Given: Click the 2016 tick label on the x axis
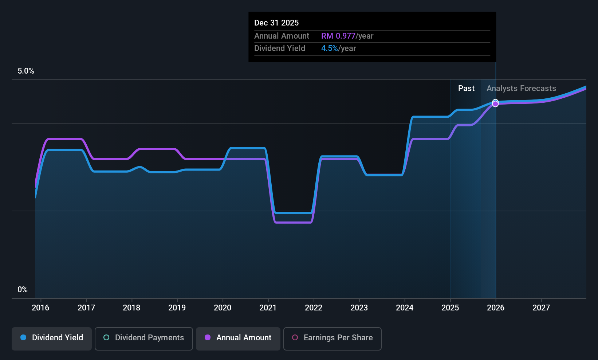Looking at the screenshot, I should click(40, 308).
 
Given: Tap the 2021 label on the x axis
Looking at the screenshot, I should click(268, 308).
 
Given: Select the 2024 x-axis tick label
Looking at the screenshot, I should click(405, 308).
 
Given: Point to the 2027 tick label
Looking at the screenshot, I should click(541, 308).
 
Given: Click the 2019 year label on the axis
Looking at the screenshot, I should click(177, 308).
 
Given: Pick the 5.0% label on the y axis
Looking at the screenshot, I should click(26, 71).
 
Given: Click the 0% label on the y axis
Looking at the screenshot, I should click(23, 289).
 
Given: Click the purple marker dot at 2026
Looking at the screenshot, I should click(495, 104).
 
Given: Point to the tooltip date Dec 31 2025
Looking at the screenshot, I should click(276, 23).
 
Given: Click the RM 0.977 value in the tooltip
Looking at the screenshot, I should click(338, 36).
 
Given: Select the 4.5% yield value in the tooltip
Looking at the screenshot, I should click(330, 48).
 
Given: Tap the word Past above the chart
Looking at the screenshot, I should click(466, 89).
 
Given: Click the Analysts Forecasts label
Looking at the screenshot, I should click(521, 89).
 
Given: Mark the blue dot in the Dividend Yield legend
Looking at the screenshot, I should click(23, 338).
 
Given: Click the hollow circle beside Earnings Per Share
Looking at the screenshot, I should click(295, 338).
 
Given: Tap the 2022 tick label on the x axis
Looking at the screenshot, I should click(314, 308).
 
